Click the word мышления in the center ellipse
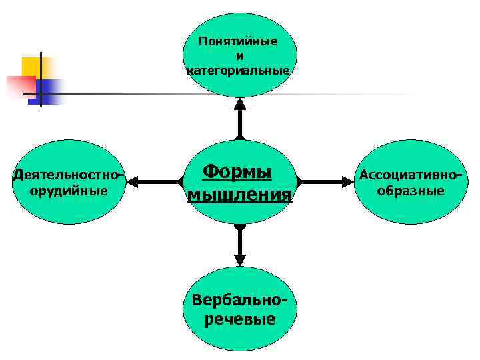pyautogui.click(x=240, y=194)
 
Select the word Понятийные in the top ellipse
pyautogui.click(x=238, y=41)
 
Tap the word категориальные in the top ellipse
pyautogui.click(x=239, y=70)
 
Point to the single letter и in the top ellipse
pyautogui.click(x=239, y=55)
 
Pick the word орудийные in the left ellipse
pyautogui.click(x=69, y=191)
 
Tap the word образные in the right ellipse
pyautogui.click(x=411, y=191)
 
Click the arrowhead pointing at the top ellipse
pyautogui.click(x=240, y=103)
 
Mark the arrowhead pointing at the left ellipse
pyautogui.click(x=133, y=181)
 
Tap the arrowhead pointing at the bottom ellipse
pyautogui.click(x=240, y=261)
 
